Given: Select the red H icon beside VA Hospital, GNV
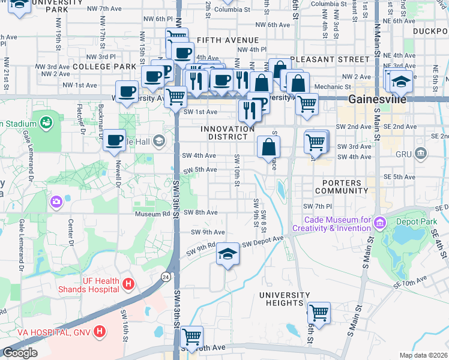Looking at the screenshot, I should click(x=100, y=331).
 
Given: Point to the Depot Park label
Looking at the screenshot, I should click(x=416, y=221).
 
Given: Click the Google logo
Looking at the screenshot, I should click(x=20, y=353).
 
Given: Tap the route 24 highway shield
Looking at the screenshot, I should click(x=166, y=277).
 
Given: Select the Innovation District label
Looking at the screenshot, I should click(x=228, y=133).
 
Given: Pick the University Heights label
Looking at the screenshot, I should click(x=284, y=299).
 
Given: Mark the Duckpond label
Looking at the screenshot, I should click(x=430, y=31).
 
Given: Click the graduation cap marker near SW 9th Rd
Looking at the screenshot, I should click(x=228, y=254).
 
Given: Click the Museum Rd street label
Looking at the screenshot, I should click(x=153, y=213).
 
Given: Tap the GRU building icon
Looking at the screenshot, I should click(x=421, y=154).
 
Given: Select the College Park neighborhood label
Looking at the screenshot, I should click(x=105, y=66).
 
